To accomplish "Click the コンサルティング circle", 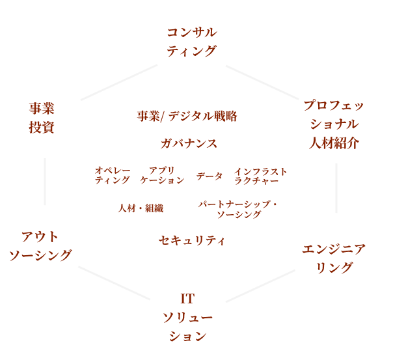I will click(x=191, y=42).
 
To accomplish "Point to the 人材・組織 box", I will click(x=139, y=208).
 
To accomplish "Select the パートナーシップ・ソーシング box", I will click(x=239, y=208).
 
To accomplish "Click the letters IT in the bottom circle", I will click(x=187, y=300).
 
